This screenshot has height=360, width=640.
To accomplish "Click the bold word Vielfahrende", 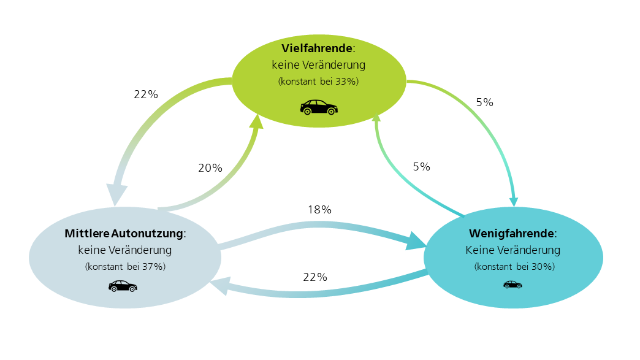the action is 317,48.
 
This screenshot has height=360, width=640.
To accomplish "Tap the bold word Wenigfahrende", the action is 511,234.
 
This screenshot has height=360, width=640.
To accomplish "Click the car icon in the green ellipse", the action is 319,107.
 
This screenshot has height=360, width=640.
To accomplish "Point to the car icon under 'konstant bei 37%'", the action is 123,286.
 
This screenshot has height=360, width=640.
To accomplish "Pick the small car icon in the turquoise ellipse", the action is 512,285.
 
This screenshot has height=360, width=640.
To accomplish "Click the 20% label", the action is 210,168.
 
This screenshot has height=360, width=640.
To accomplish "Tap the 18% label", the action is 319,209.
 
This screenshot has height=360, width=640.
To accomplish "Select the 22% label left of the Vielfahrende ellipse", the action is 146,94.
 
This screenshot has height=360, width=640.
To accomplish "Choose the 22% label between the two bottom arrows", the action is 315,277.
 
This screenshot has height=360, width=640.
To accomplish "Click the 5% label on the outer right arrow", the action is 484,102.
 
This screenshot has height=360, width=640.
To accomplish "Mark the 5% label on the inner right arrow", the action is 421,167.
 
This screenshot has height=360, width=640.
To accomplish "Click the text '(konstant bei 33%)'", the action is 318,81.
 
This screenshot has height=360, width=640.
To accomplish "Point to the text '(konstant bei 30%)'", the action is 514,267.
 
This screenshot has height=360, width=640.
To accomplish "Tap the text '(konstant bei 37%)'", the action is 125,267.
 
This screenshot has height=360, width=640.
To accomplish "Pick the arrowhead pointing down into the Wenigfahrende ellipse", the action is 514,202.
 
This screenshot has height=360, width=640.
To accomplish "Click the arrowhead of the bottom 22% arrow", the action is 219,286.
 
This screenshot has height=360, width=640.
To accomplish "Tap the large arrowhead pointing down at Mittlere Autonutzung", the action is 116,194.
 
